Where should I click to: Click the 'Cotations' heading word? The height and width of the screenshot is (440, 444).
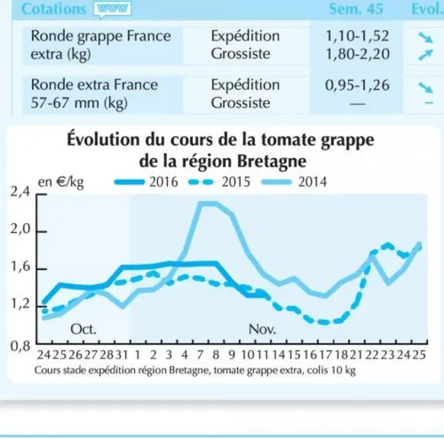(x=53, y=9)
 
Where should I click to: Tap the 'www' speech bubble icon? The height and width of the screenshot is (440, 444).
(x=113, y=9)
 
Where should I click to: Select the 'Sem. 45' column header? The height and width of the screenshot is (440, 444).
(x=356, y=9)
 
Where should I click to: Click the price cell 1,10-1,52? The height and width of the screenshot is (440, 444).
(x=357, y=36)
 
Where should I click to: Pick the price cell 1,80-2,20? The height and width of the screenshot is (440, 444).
(x=357, y=54)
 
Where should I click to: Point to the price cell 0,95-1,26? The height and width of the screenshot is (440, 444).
(x=357, y=85)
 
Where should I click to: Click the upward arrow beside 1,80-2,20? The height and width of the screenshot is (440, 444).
(x=426, y=54)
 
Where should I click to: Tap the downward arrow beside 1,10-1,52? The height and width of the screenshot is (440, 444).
(x=426, y=37)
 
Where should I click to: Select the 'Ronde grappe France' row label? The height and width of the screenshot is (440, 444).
(x=101, y=37)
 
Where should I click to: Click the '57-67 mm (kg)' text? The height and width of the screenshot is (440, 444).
(x=79, y=102)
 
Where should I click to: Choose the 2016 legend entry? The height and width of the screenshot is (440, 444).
(x=146, y=182)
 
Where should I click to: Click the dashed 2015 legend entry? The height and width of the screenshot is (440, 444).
(x=219, y=182)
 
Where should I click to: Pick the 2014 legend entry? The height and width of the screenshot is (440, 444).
(x=294, y=182)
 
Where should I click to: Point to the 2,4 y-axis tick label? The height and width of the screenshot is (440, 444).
(x=20, y=192)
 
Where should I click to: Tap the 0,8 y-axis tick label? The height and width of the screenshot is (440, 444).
(x=20, y=346)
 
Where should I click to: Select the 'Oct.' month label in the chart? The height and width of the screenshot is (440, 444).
(x=83, y=329)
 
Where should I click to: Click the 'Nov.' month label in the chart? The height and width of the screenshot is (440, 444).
(x=262, y=329)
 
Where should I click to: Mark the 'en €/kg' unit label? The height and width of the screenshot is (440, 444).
(x=60, y=183)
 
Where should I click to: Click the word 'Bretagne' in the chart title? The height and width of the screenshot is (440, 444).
(x=272, y=162)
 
